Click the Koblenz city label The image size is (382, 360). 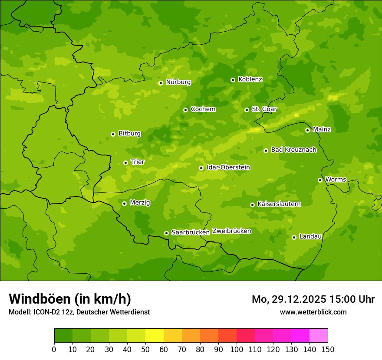[250, 79]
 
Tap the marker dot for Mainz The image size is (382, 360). [307, 130]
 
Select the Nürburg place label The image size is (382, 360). [178, 82]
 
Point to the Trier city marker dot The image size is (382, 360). [125, 163]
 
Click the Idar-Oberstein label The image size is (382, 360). [228, 167]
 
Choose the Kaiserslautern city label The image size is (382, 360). [279, 204]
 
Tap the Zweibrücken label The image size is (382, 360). [231, 231]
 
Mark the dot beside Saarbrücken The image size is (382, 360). [166, 233]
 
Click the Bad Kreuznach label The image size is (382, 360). [293, 150]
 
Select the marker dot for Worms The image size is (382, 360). [320, 180]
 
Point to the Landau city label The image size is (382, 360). [310, 236]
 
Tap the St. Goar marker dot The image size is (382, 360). [247, 110]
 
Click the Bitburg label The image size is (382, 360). [129, 134]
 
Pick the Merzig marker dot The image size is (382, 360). [124, 203]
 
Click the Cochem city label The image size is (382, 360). [203, 109]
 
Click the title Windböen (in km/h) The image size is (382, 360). [70, 299]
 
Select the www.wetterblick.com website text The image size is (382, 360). [313, 312]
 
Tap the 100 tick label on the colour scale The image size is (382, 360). [237, 349]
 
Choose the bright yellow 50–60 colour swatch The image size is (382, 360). [155, 336]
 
